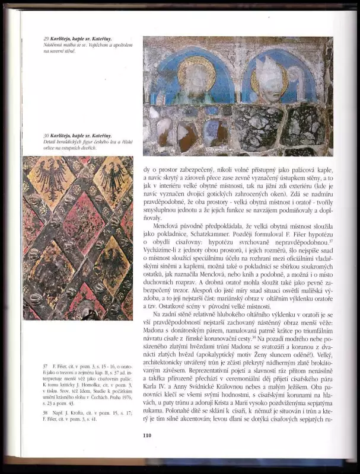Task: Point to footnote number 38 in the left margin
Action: (x=28, y=411)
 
